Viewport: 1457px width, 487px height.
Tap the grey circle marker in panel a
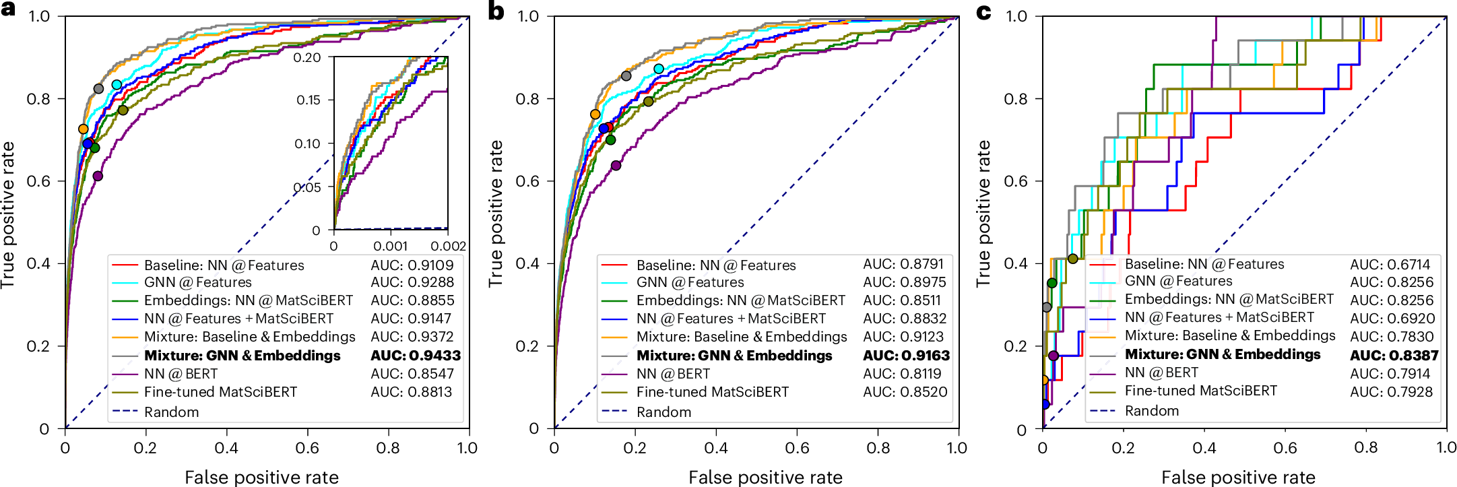(x=98, y=89)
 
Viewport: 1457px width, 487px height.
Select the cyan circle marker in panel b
(x=658, y=69)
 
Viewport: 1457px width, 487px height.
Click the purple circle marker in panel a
(x=98, y=176)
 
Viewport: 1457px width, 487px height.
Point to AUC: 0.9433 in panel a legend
(x=415, y=356)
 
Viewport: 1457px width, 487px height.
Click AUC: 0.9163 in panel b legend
(x=906, y=356)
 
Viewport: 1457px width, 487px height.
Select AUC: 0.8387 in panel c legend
(x=1394, y=355)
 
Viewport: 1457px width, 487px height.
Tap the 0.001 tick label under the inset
(x=391, y=247)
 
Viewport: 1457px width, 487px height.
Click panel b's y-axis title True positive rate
(x=496, y=214)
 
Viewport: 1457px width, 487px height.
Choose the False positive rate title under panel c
(x=1238, y=478)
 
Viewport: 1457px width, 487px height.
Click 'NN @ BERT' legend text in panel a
(x=181, y=374)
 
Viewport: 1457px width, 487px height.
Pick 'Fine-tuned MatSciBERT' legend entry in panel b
(x=712, y=392)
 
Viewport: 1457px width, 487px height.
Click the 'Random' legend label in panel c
(x=1152, y=411)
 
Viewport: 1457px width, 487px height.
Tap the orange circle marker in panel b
(x=595, y=115)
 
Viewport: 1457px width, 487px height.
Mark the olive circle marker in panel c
(x=1072, y=259)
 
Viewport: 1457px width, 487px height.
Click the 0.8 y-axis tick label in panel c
(x=1014, y=99)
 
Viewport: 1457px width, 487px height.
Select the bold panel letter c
(x=983, y=11)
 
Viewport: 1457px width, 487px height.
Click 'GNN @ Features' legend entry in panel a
(x=197, y=283)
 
